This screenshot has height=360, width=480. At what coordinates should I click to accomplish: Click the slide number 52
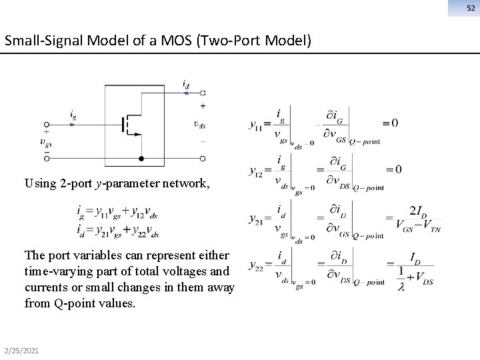click(x=470, y=7)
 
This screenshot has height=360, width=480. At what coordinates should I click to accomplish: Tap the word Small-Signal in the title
click(x=35, y=41)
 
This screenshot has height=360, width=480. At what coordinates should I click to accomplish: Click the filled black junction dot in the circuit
click(x=141, y=159)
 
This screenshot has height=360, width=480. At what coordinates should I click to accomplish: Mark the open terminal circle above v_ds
click(x=203, y=93)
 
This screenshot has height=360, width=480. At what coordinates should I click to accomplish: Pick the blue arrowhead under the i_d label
click(x=185, y=93)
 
